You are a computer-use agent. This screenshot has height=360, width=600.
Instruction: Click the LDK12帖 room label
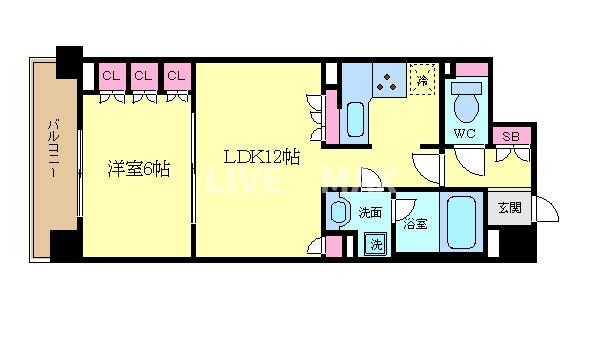tap(261, 157)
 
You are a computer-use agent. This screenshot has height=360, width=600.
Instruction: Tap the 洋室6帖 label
tap(138, 169)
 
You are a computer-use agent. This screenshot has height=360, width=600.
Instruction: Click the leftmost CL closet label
tap(111, 76)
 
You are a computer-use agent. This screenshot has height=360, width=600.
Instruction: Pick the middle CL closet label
tap(144, 76)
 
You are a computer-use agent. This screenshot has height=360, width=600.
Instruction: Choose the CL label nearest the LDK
tap(176, 76)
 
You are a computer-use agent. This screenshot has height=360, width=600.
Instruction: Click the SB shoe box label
tap(510, 137)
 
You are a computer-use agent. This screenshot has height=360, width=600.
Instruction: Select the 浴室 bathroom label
tap(415, 224)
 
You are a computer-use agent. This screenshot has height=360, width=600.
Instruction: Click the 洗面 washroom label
tap(370, 212)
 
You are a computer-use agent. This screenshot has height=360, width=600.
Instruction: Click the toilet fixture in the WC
tap(465, 100)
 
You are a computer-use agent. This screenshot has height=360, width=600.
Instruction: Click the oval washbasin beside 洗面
tap(340, 213)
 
